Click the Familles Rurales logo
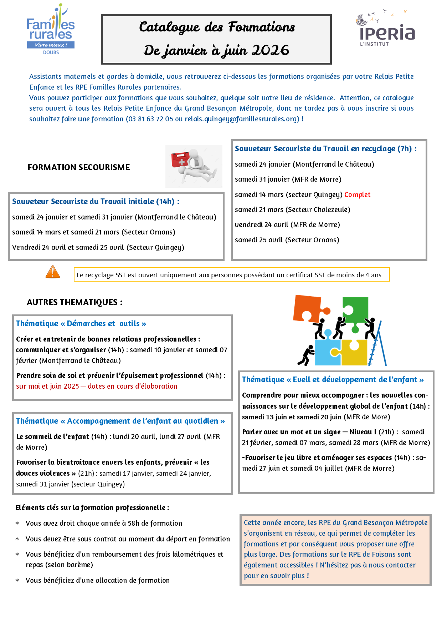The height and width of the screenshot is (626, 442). (51, 30)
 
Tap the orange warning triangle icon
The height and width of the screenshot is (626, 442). (53, 272)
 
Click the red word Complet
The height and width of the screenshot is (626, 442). (357, 195)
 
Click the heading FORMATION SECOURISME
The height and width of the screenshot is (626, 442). (79, 167)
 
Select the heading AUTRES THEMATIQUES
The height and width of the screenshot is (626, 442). (74, 302)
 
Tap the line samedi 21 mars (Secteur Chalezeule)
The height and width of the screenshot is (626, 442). (292, 209)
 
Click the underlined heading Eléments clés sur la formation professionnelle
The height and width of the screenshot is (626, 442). (92, 508)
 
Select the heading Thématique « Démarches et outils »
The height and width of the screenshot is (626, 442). (81, 324)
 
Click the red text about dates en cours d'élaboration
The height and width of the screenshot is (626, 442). (97, 386)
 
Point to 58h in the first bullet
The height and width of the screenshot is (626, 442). (133, 523)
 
